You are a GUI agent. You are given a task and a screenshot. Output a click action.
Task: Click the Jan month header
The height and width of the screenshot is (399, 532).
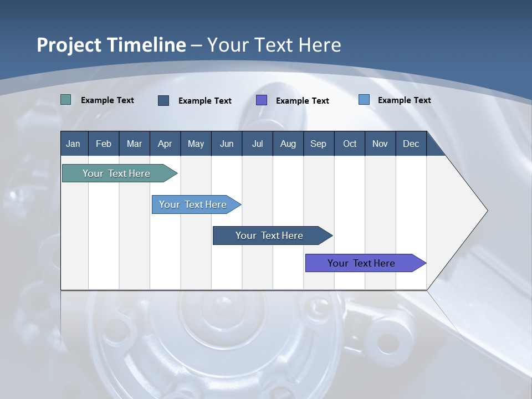(x=73, y=144)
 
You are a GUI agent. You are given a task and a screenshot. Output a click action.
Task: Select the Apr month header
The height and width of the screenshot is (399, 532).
(x=165, y=144)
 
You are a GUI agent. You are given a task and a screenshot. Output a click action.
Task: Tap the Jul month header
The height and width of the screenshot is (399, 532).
(x=257, y=144)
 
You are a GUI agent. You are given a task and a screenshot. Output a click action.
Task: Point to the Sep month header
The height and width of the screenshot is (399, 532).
(x=318, y=144)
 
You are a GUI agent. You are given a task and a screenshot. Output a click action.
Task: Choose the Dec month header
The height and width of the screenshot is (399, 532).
(x=411, y=144)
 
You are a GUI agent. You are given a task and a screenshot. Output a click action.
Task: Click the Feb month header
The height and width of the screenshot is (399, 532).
(x=104, y=144)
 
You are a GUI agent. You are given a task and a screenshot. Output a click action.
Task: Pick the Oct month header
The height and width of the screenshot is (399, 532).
(x=350, y=144)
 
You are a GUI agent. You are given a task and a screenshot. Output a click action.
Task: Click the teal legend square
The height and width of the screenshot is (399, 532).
(x=66, y=100)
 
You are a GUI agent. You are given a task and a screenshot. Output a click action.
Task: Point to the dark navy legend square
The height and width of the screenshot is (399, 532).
(x=163, y=100)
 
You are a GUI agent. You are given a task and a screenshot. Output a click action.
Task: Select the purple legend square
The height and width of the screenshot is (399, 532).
(x=262, y=100)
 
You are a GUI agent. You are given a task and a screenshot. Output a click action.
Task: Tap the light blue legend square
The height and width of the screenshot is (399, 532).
(x=364, y=100)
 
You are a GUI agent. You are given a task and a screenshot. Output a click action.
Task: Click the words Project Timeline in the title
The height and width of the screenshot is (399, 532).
(x=111, y=45)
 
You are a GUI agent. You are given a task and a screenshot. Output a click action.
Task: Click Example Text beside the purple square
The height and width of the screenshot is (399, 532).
(x=303, y=101)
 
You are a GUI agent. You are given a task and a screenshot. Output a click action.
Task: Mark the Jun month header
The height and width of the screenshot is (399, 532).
(x=227, y=144)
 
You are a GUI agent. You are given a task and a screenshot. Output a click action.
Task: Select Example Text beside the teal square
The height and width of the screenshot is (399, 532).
(x=108, y=100)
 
